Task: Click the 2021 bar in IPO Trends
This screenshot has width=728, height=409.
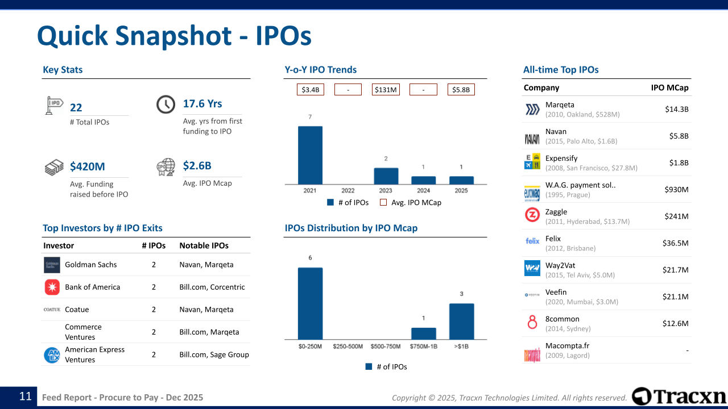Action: coord(310,155)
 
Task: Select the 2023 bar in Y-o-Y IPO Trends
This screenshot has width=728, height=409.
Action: coord(386,176)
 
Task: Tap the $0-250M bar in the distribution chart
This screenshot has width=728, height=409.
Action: coord(310,303)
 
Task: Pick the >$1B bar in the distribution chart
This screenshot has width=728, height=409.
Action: coord(461,322)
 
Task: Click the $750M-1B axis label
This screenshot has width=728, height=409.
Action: coord(423,347)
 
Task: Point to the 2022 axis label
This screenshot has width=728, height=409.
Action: coord(348,191)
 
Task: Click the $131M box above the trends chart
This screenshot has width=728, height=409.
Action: coord(386,90)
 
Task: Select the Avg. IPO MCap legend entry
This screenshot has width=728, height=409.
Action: coord(411,202)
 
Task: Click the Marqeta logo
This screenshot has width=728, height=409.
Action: coord(532,110)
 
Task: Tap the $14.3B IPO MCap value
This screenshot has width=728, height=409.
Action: coord(677,109)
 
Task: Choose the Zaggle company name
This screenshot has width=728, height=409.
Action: coord(556,212)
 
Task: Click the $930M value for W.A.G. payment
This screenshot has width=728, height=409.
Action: coord(676,190)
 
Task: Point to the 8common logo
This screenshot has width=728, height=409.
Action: coord(532,323)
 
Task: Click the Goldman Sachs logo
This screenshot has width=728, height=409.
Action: coord(52,265)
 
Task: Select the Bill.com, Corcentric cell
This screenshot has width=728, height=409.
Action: coord(212,287)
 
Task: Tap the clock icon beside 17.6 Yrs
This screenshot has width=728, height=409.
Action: coord(166,105)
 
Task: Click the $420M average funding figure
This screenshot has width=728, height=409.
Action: coord(88,166)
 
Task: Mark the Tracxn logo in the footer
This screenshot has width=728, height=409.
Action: coord(679,397)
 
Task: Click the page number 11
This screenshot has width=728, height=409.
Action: coord(25,397)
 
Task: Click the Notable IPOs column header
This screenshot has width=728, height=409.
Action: coord(204,245)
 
